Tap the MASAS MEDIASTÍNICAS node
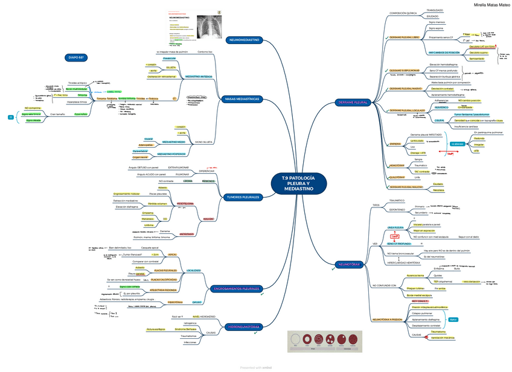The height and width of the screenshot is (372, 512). point(242,98)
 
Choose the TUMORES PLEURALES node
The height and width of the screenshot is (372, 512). point(242,197)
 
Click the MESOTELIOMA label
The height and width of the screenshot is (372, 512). point(185,204)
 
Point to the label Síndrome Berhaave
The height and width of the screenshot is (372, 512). point(185,329)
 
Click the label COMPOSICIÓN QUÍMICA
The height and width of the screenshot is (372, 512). point(402,13)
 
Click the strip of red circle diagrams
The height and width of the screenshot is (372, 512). point(321,340)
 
